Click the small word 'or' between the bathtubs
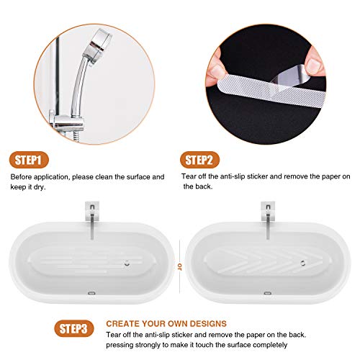pos(179,265)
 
